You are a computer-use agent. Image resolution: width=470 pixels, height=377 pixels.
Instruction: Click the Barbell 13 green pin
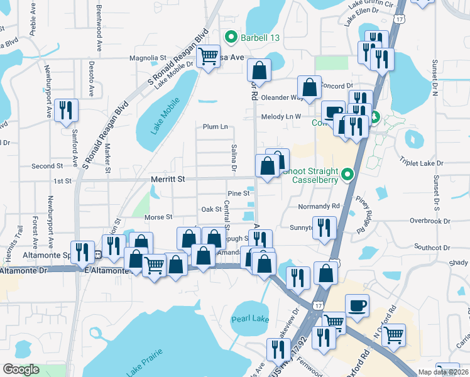tap(231, 38)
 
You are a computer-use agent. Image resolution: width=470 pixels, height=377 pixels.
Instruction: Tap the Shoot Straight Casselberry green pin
tap(346, 175)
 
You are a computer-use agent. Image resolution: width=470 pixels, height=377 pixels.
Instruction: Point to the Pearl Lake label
tap(250, 319)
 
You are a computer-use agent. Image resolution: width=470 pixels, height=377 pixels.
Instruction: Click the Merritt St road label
tap(168, 180)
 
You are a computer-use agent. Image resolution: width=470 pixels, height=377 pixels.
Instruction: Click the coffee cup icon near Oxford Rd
tap(357, 305)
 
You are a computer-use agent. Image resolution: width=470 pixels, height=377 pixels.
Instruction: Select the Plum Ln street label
tap(215, 126)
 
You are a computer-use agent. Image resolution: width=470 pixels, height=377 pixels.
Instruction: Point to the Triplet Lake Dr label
tap(421, 163)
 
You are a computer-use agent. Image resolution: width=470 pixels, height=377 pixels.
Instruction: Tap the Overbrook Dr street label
tap(430, 221)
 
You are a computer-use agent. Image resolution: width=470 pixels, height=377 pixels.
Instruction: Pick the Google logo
tap(21, 370)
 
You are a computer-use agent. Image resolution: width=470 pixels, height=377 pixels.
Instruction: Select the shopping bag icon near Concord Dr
tap(309, 87)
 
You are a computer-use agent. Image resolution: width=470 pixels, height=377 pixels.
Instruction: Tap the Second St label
tap(47, 167)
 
